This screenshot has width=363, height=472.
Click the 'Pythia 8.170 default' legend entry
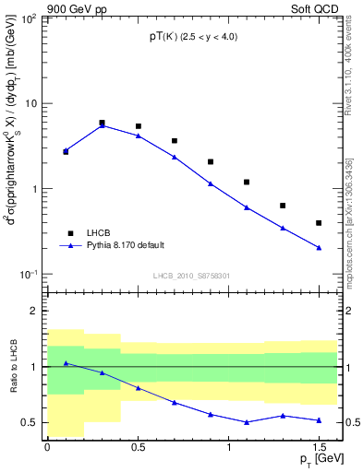[114, 246]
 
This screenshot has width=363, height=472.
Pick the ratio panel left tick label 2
[33, 311]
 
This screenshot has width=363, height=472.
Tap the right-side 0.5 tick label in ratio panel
[351, 423]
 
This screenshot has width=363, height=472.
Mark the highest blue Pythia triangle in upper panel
[102, 125]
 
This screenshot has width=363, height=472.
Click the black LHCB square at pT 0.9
[211, 161]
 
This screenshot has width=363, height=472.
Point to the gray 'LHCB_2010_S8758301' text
[191, 275]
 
